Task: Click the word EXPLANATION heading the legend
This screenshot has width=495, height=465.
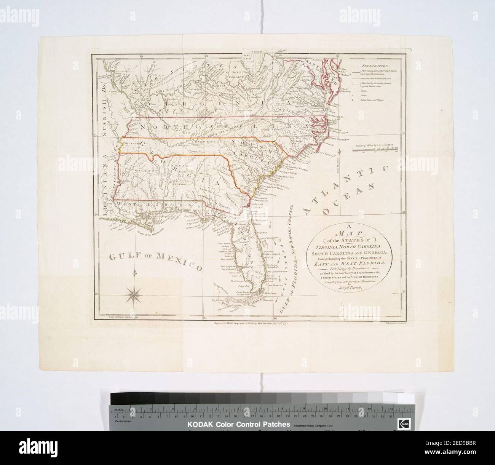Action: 373,65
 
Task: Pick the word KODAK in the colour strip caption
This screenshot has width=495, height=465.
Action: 199,425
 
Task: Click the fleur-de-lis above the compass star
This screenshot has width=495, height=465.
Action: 137,274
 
